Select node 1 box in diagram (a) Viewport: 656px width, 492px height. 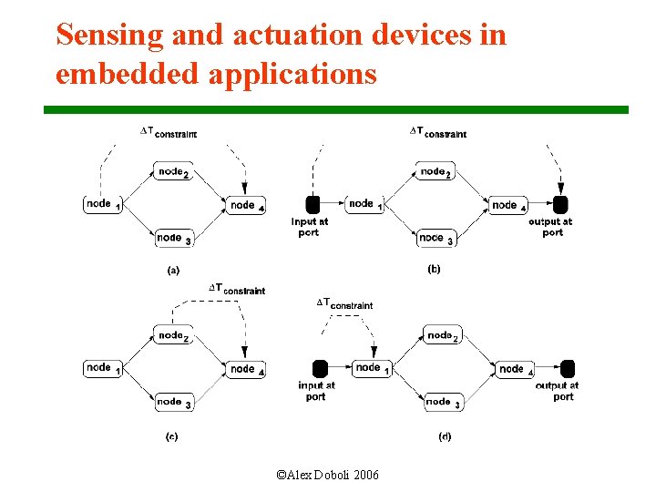(x=102, y=205)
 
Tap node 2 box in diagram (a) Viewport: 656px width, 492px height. (x=172, y=172)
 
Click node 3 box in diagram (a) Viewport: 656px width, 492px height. (x=172, y=239)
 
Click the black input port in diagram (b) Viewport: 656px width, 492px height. (x=312, y=204)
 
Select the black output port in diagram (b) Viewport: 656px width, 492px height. (x=560, y=205)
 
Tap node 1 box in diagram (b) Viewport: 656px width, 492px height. (x=364, y=205)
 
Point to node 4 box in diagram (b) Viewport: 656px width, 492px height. (x=508, y=206)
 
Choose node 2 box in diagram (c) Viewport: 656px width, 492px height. (x=172, y=335)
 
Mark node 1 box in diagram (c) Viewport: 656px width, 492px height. (x=102, y=368)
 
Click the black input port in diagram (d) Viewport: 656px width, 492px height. (x=320, y=368)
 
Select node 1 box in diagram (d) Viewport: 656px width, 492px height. (x=372, y=368)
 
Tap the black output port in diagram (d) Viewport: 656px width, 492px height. (x=568, y=368)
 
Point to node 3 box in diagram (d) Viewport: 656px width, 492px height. (x=443, y=402)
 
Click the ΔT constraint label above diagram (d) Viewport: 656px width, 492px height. (x=344, y=303)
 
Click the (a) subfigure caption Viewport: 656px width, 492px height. (x=172, y=270)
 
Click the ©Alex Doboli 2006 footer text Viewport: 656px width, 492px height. (x=328, y=476)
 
